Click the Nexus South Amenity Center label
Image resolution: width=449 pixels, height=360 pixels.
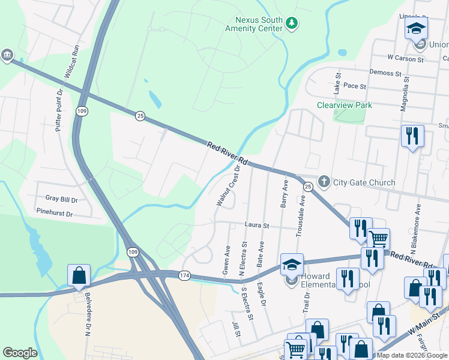[253, 23]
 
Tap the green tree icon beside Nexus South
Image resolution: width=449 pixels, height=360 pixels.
[292, 23]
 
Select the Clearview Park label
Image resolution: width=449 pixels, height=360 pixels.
[345, 106]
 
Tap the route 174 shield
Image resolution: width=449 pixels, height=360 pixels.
[184, 275]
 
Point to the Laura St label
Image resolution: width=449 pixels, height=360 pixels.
[257, 226]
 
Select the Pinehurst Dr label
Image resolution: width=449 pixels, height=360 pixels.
[54, 213]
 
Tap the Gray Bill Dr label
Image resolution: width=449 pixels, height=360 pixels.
[61, 198]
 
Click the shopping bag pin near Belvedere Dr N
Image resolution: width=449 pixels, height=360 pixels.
[79, 276]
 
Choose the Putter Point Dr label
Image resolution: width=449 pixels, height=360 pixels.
[59, 110]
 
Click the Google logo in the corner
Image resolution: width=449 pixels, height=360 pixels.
[20, 353]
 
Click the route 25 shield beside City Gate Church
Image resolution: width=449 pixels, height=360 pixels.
[307, 188]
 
